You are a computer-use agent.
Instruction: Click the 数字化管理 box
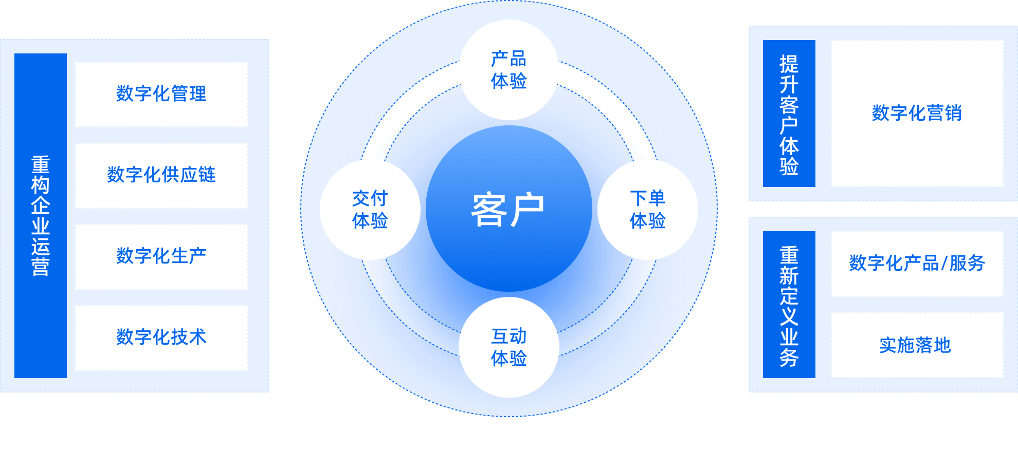pos(161,94)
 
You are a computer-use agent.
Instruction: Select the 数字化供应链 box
pos(161,175)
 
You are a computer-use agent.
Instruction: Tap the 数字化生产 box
pos(161,256)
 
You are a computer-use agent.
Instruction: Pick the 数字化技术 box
pos(161,338)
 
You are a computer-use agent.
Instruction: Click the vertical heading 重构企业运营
pos(41,216)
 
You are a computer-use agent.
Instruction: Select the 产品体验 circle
pos(508,70)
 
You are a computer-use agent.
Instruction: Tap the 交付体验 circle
pos(370,210)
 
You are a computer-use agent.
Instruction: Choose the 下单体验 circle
pos(647,210)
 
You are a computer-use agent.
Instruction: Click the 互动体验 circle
pos(508,347)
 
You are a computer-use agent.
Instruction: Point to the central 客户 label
pos(508,210)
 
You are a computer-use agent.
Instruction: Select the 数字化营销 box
pos(917,113)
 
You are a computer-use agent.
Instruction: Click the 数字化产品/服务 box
pos(917,264)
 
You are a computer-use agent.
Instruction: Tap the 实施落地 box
pos(917,345)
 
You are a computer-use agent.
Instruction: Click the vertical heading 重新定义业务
pos(789,307)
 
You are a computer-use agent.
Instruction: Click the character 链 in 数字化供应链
pos(207,175)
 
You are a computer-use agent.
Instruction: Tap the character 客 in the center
pos(489,210)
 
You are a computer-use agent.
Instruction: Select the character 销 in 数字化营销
pos(953,113)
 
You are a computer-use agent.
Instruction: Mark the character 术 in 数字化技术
pos(197,338)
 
